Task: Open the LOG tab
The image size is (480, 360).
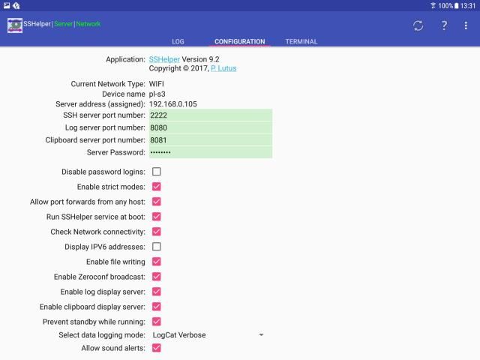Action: [177, 41]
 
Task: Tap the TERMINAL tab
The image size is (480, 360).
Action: [301, 41]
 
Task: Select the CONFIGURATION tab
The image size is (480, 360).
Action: [239, 41]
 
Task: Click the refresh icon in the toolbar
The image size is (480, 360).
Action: [418, 25]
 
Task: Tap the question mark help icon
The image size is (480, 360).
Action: [444, 25]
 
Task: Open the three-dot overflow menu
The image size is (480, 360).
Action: [466, 25]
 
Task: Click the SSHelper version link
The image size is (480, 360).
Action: [164, 58]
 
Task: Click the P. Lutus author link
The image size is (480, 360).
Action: [225, 68]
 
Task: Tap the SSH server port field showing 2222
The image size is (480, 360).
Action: [210, 115]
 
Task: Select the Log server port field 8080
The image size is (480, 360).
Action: [210, 127]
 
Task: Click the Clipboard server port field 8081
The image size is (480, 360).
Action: [210, 139]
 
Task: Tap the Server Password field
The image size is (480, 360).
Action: [210, 152]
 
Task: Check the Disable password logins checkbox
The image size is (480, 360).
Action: [157, 172]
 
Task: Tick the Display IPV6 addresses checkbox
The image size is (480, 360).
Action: [157, 247]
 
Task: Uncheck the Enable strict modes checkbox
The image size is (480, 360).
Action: [157, 187]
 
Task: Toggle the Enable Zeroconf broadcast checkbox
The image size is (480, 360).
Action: [157, 277]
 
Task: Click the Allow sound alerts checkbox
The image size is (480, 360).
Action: [157, 348]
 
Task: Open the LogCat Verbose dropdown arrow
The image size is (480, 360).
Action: [261, 334]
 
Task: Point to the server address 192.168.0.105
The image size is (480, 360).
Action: [172, 103]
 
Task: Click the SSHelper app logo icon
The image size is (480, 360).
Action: [15, 25]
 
